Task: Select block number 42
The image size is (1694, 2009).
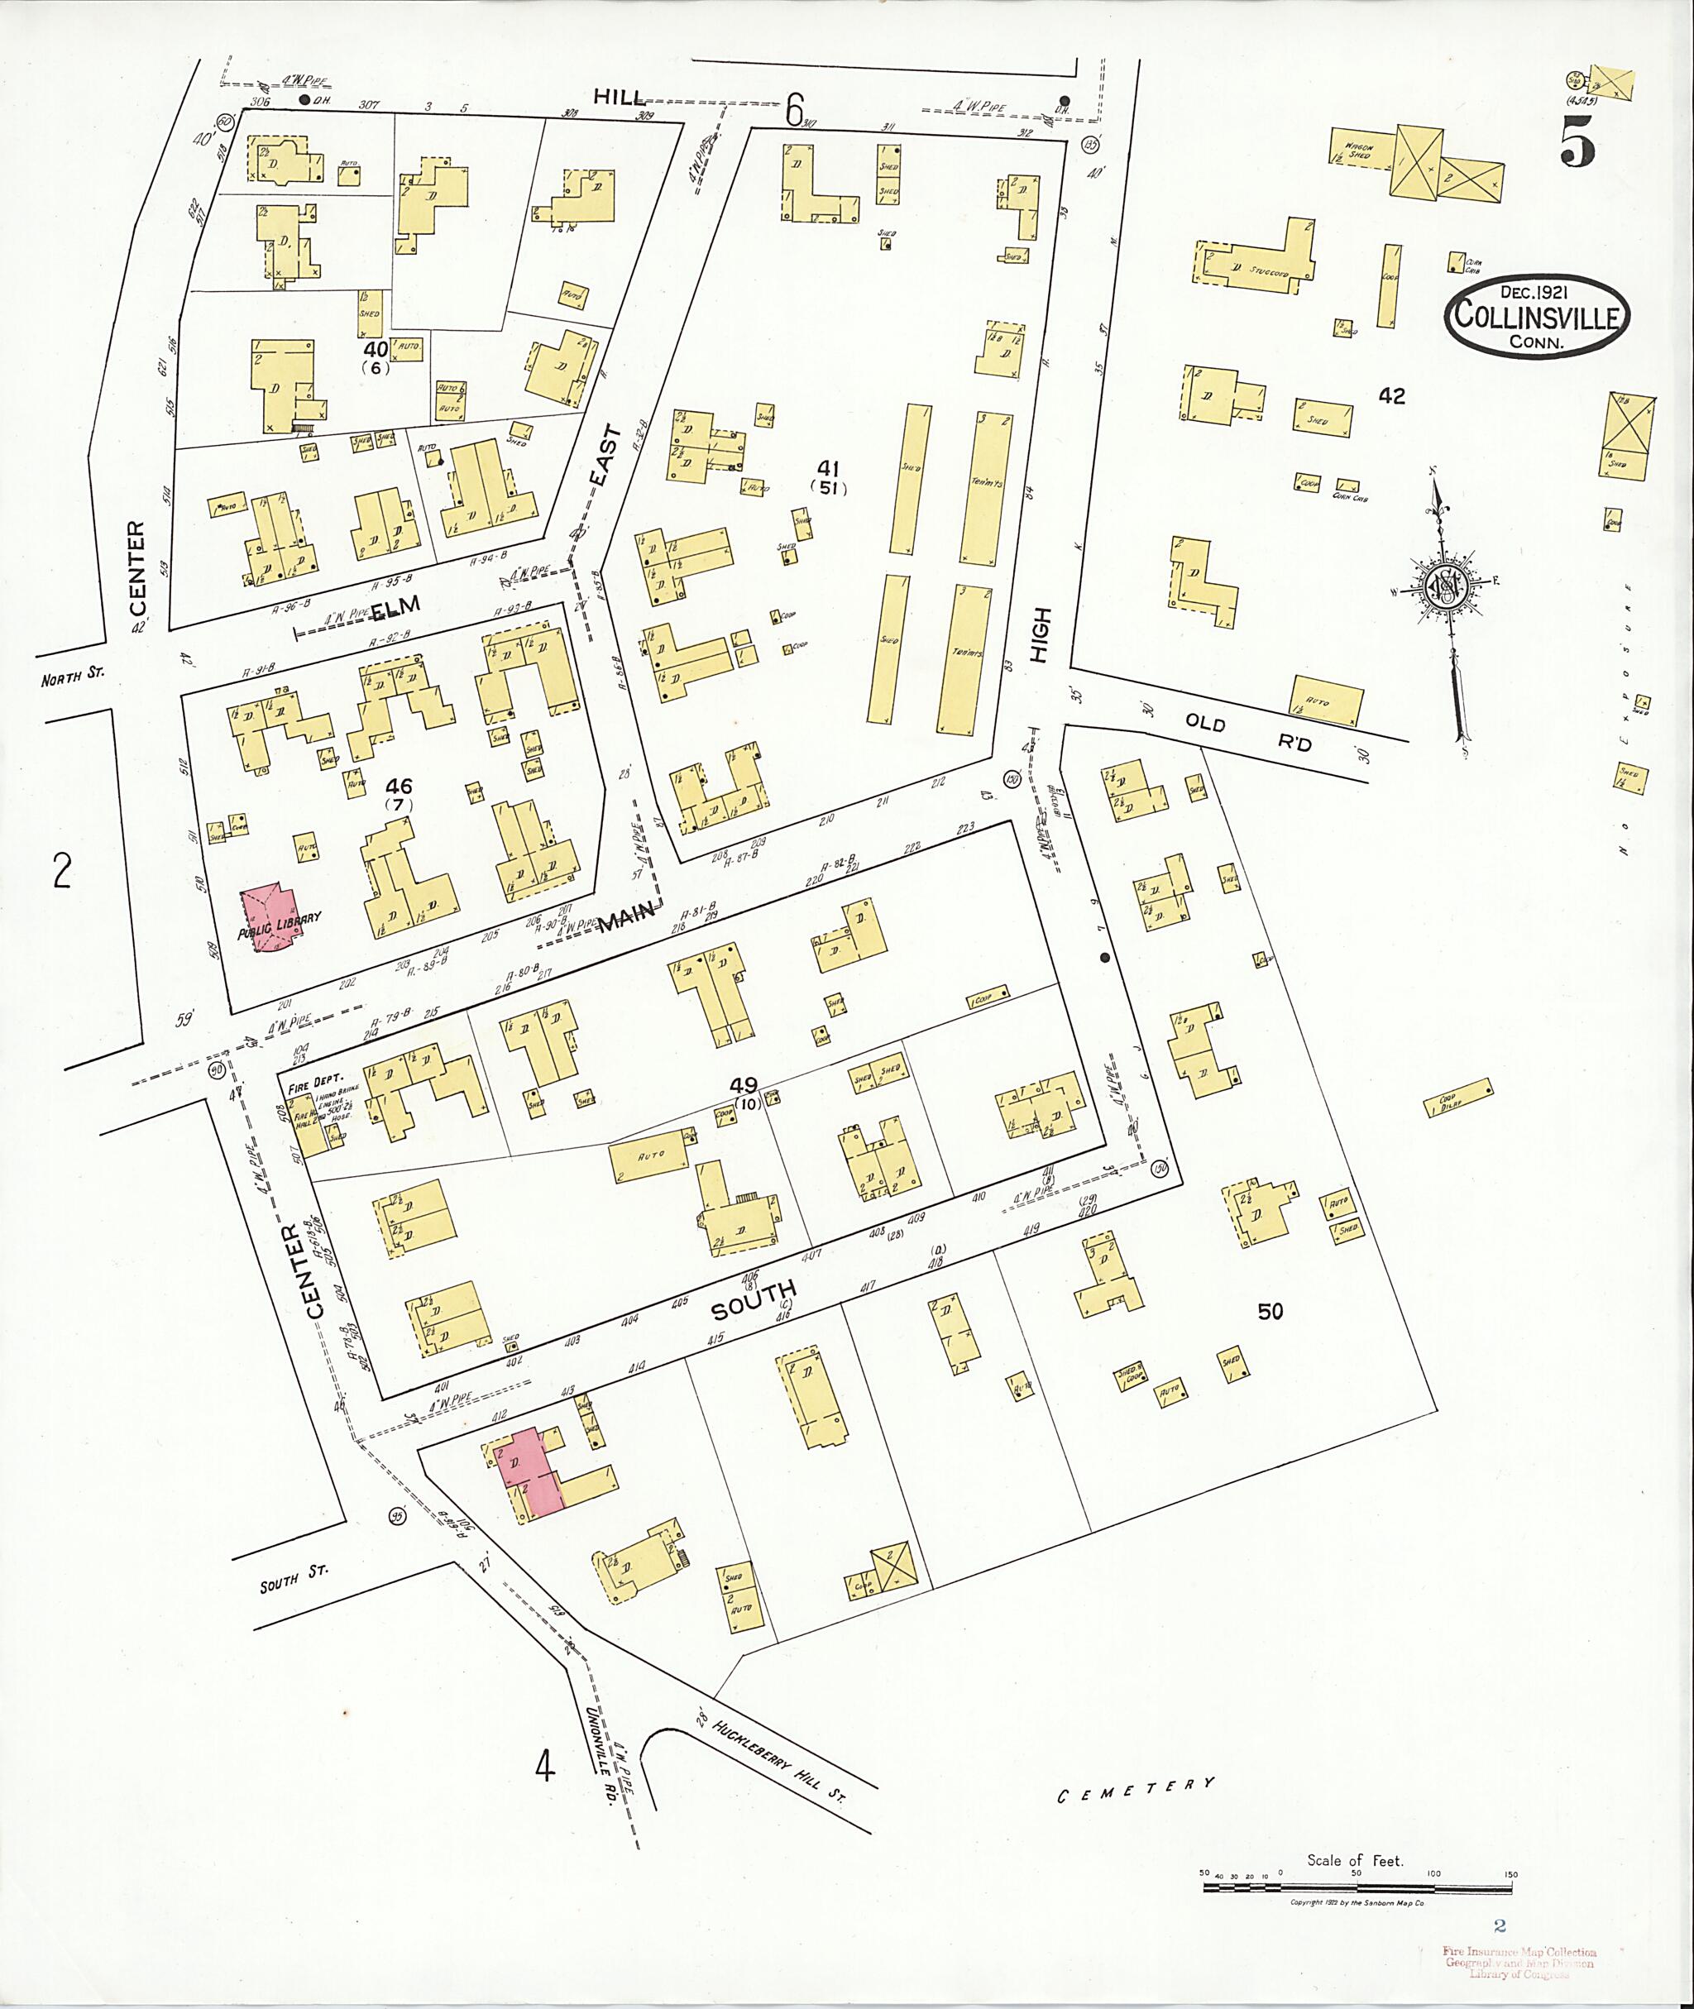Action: (1390, 395)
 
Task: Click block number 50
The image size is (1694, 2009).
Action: (1270, 1311)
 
